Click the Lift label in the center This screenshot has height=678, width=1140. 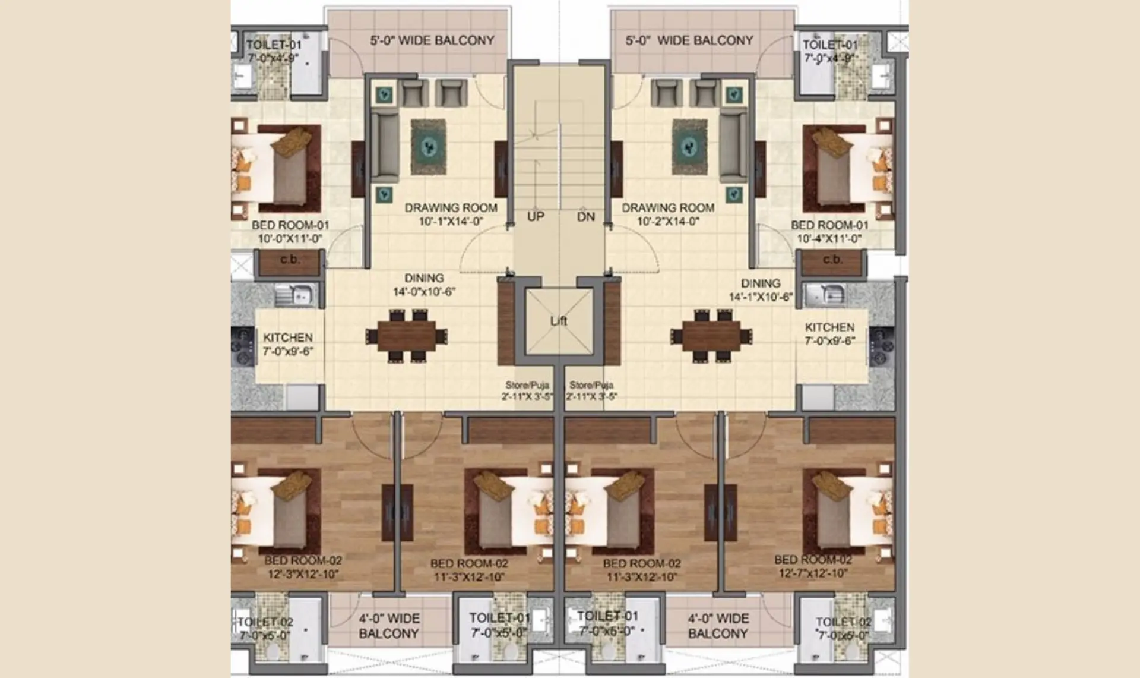[558, 321]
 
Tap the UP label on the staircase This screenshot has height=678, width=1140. [536, 216]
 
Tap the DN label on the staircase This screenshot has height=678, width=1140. [585, 216]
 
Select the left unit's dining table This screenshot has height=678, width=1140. [407, 336]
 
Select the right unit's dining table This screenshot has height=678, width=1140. [711, 336]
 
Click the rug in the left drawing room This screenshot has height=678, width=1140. [428, 147]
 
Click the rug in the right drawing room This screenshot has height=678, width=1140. [689, 147]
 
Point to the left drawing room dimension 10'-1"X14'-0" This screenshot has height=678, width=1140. [451, 222]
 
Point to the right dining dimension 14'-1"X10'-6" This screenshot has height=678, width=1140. [761, 297]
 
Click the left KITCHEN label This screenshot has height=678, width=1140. [287, 338]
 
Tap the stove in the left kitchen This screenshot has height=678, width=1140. [243, 345]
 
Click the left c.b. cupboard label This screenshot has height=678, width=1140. [290, 260]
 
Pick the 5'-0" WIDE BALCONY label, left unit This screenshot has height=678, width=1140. [432, 40]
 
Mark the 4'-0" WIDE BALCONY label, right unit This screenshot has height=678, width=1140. [718, 626]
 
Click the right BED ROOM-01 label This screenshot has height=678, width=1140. [829, 225]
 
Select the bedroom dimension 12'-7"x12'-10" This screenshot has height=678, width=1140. [813, 573]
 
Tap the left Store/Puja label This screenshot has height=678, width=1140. [527, 385]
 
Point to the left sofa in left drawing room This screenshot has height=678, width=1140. [385, 147]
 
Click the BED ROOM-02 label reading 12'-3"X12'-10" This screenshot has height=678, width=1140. [303, 560]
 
